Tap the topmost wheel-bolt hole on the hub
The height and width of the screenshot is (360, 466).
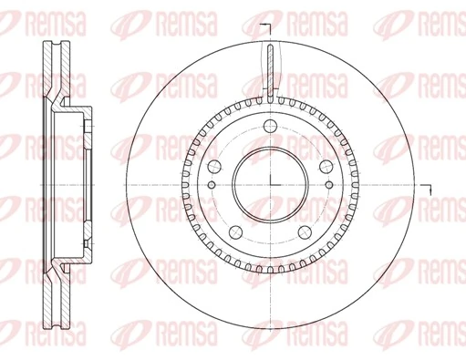click(x=270, y=129)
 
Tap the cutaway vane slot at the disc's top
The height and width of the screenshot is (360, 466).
click(x=270, y=68)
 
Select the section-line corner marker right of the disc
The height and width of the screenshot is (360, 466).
click(x=429, y=188)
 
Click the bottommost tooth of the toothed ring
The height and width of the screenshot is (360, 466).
click(x=270, y=265)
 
